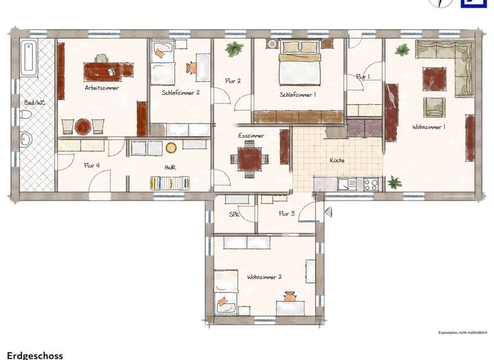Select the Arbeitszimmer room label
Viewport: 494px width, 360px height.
[102, 87]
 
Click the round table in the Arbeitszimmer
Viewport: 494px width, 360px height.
[83, 127]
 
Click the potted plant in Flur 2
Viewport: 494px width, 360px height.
[234, 49]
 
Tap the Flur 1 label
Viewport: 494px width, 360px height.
[363, 77]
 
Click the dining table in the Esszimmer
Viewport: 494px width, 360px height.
[250, 158]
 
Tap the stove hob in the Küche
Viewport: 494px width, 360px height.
[371, 184]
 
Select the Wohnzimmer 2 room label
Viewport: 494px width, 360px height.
[264, 277]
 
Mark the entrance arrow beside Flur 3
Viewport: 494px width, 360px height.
[327, 211]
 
